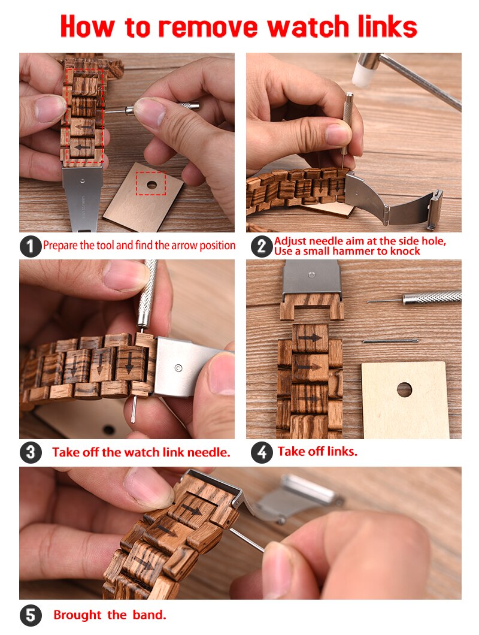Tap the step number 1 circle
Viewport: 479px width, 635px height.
[31, 246]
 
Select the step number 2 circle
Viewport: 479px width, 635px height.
[262, 246]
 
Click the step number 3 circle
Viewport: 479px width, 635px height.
[31, 452]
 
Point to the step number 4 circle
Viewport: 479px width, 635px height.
[262, 452]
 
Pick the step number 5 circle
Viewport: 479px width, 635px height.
[31, 616]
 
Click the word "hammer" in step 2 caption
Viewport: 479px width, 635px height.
[355, 252]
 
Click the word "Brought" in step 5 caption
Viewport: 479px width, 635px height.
[78, 615]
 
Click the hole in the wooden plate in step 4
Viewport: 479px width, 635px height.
[404, 389]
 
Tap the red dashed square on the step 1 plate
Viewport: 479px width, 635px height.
[151, 183]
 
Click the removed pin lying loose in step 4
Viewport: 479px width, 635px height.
[390, 341]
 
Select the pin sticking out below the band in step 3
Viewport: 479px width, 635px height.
[133, 409]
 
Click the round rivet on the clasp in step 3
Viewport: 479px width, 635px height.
[178, 368]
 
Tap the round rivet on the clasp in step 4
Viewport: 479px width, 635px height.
[311, 275]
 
